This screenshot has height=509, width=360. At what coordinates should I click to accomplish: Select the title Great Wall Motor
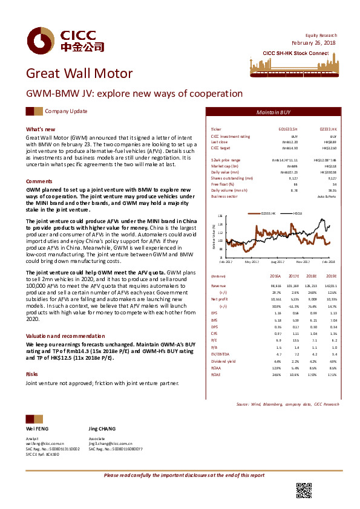coord(79,74)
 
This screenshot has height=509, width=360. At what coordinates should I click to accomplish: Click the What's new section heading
coord(41,129)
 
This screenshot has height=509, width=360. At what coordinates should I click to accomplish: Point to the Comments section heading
coord(39,181)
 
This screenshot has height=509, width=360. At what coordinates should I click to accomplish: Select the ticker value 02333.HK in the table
coord(327,129)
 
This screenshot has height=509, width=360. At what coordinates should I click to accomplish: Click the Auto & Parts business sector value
coord(327,196)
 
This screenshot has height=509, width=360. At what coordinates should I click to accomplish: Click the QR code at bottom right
coord(304,490)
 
